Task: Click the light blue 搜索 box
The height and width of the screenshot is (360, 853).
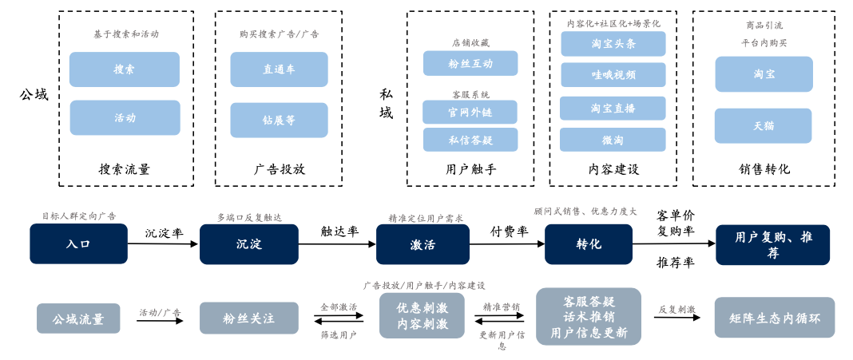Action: (x=124, y=69)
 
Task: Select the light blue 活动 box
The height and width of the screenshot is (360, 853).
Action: (x=124, y=117)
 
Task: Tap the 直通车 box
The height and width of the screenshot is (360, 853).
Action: (x=279, y=69)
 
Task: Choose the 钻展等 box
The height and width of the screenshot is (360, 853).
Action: (x=279, y=120)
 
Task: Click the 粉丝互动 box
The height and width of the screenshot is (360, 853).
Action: (x=470, y=63)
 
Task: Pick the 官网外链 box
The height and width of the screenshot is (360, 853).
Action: (x=470, y=112)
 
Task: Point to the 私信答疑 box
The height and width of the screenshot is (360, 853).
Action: (x=470, y=140)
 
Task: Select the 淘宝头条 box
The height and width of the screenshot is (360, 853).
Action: (x=613, y=44)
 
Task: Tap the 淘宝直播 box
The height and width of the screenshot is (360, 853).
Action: (x=613, y=108)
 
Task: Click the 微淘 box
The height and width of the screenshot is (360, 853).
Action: (x=613, y=140)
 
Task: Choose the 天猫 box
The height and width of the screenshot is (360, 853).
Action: (x=763, y=126)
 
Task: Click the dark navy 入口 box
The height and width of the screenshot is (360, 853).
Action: (x=78, y=244)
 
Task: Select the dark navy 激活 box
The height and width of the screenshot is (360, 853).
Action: (x=423, y=244)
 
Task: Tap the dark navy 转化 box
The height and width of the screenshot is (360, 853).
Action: (x=589, y=244)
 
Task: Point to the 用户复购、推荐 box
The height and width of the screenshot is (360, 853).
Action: (x=772, y=244)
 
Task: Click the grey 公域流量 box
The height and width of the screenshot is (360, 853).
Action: (x=78, y=318)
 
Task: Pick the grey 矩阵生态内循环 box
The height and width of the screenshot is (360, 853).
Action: (x=774, y=318)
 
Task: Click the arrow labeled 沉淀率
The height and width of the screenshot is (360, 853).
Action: (x=164, y=244)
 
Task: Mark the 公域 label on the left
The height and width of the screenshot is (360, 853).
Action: (x=34, y=95)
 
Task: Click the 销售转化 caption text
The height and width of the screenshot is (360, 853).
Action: (x=764, y=169)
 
